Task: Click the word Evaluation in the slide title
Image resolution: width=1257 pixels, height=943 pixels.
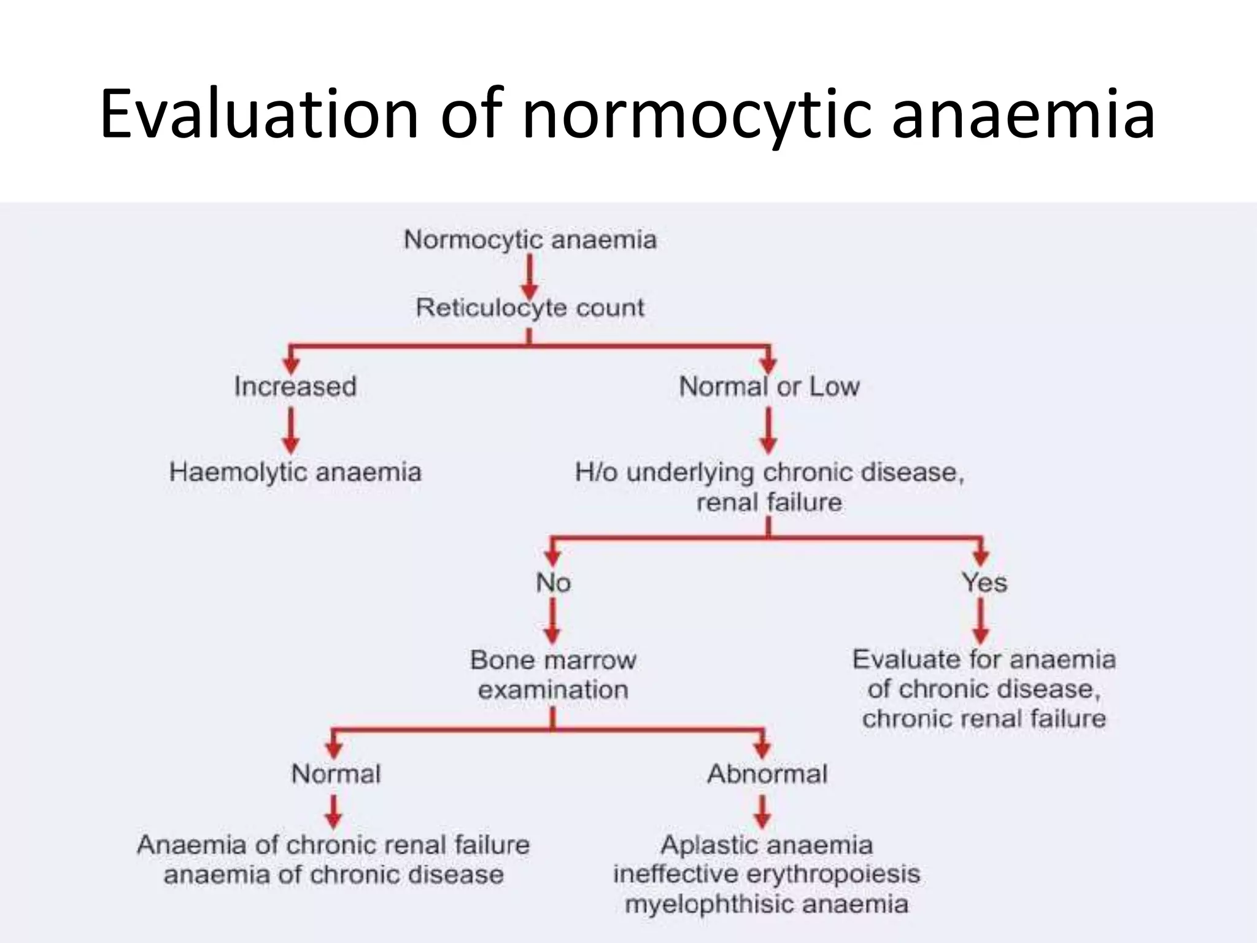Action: coord(258,114)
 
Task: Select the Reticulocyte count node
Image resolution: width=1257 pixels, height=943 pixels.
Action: coord(530,308)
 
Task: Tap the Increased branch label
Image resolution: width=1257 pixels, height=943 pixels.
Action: coord(295,387)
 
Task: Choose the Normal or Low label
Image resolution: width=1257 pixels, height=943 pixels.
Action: coord(769,387)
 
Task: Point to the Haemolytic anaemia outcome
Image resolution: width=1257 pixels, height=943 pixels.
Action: coord(295,472)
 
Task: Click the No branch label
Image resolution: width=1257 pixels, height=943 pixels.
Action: coord(553,583)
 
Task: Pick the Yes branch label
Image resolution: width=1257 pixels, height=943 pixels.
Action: coord(984,583)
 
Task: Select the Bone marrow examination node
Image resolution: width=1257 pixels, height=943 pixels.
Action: coord(553,675)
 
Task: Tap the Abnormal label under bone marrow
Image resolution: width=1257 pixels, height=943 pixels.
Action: coord(767,774)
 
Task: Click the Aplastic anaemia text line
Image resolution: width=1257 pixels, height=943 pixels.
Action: coord(767,845)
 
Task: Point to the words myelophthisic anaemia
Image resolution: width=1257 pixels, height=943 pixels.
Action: coord(767,904)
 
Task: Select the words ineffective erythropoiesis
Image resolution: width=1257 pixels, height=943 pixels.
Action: coord(767,874)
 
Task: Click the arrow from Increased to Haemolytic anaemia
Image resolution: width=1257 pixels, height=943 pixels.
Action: coord(292,431)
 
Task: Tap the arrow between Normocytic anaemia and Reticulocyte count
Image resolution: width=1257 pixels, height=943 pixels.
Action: coord(530,276)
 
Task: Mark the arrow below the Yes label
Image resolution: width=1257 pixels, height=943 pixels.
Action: coord(981,621)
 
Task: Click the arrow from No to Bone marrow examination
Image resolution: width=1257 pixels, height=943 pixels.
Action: coord(553,621)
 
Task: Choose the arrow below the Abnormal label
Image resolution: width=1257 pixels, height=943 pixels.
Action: coord(762,812)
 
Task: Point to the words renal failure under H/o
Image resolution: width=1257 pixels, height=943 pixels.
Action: coord(769,503)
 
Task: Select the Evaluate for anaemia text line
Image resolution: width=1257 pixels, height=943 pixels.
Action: coord(984,659)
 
